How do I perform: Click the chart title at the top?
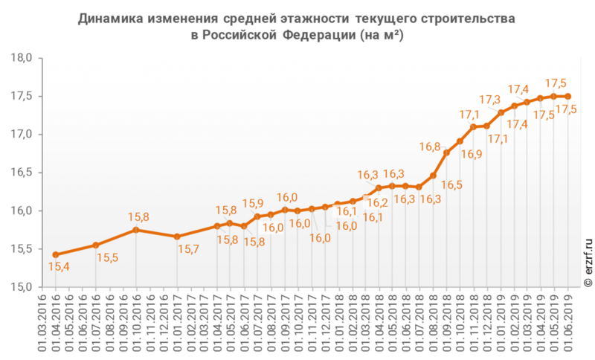tap(297, 26)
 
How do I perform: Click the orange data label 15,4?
tap(59, 267)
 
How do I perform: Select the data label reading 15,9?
tap(253, 204)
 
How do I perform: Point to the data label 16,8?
tap(430, 147)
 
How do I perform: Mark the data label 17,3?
tap(489, 100)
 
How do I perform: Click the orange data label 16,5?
tap(452, 184)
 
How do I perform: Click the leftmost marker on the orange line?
tap(55, 254)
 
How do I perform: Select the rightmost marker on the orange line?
tap(567, 97)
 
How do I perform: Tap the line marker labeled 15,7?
tap(177, 237)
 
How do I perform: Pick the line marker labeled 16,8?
tap(446, 153)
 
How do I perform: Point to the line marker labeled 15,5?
tap(95, 245)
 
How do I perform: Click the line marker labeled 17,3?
tap(501, 113)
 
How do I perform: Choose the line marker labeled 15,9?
tap(257, 216)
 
